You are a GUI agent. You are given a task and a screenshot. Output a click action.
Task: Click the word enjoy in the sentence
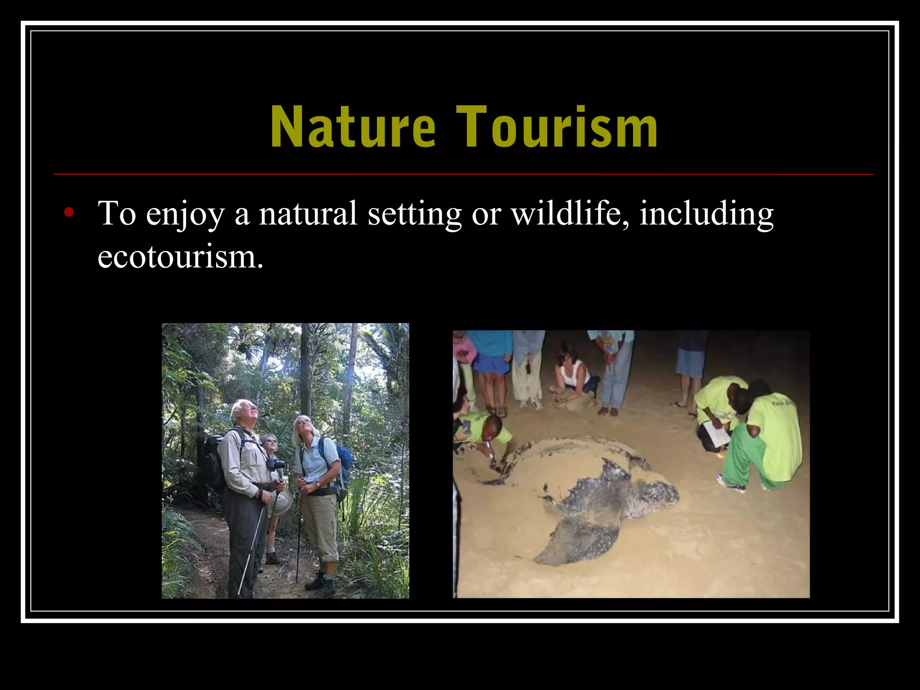click(184, 215)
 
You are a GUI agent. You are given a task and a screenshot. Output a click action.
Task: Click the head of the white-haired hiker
click(245, 411)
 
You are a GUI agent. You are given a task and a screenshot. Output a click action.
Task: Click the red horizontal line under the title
click(463, 174)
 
